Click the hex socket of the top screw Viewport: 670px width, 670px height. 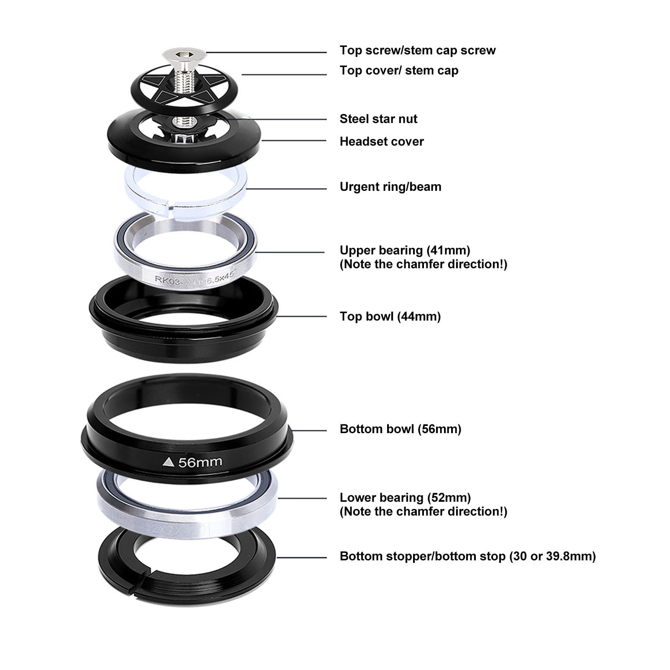pos(184,54)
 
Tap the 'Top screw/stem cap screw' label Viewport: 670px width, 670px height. pos(417,51)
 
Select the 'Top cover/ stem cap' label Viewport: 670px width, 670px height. pos(399,71)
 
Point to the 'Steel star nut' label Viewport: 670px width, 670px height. pos(378,119)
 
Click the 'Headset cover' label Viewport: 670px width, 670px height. pos(381,142)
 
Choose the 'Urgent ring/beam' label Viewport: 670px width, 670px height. pos(390,187)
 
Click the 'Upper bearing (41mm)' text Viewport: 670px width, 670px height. pos(405,251)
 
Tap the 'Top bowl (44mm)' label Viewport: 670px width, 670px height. pos(390,317)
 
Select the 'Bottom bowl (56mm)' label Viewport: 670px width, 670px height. pos(400,429)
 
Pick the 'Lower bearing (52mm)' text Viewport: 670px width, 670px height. pos(405,498)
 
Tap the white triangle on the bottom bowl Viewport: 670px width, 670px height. pos(169,462)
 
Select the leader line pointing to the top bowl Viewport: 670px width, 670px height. pos(301,316)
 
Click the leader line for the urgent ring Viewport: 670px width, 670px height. pos(286,189)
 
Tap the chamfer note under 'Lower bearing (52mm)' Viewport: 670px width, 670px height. pos(423,512)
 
